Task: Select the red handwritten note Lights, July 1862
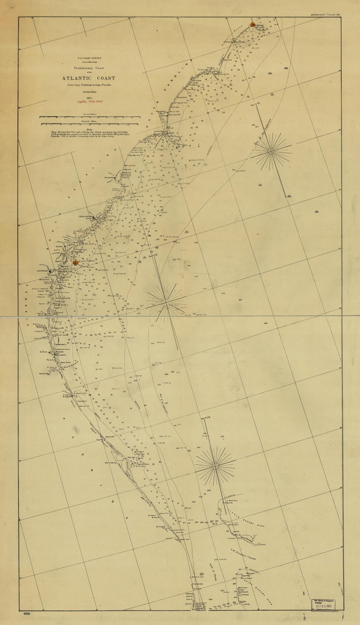coord(89,102)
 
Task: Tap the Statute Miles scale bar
coord(89,117)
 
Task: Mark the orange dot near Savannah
coord(75,263)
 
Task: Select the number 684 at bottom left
coord(27,613)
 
